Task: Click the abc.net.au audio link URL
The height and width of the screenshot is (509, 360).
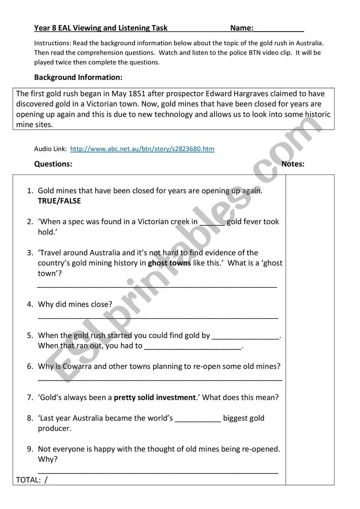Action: (142, 149)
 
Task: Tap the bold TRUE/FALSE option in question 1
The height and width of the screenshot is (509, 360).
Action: (60, 201)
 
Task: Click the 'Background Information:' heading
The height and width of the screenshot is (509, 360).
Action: (78, 78)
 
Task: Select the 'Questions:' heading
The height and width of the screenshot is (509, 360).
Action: (53, 164)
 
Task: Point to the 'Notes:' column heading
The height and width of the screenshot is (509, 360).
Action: (293, 164)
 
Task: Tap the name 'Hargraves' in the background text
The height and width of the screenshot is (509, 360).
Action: (250, 93)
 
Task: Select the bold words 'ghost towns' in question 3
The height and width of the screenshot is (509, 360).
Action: (169, 263)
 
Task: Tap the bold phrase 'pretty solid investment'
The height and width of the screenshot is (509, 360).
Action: (154, 398)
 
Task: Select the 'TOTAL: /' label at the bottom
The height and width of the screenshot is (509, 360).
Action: (32, 480)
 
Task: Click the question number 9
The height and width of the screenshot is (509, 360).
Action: (30, 449)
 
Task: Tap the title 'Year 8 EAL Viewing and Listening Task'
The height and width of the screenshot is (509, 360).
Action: (101, 28)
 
